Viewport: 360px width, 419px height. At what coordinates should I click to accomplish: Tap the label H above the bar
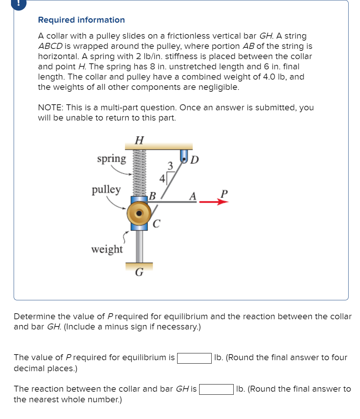pos(139,141)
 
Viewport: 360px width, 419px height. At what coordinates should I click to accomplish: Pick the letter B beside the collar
pos(152,196)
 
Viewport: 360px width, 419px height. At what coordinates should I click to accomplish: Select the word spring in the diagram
pos(111,159)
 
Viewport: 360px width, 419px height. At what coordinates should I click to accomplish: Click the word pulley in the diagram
pos(106,190)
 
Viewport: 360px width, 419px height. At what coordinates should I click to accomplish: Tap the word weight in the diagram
pos(107,250)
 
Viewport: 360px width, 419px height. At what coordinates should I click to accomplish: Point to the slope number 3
pos(170,165)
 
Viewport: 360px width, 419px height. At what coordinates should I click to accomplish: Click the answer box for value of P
pos(194,358)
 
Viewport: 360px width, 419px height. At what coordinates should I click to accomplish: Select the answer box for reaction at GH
pos(216,389)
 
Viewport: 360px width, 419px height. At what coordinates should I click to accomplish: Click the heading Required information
pos(81,20)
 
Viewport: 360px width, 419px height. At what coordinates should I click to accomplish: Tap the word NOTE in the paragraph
pos(51,108)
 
